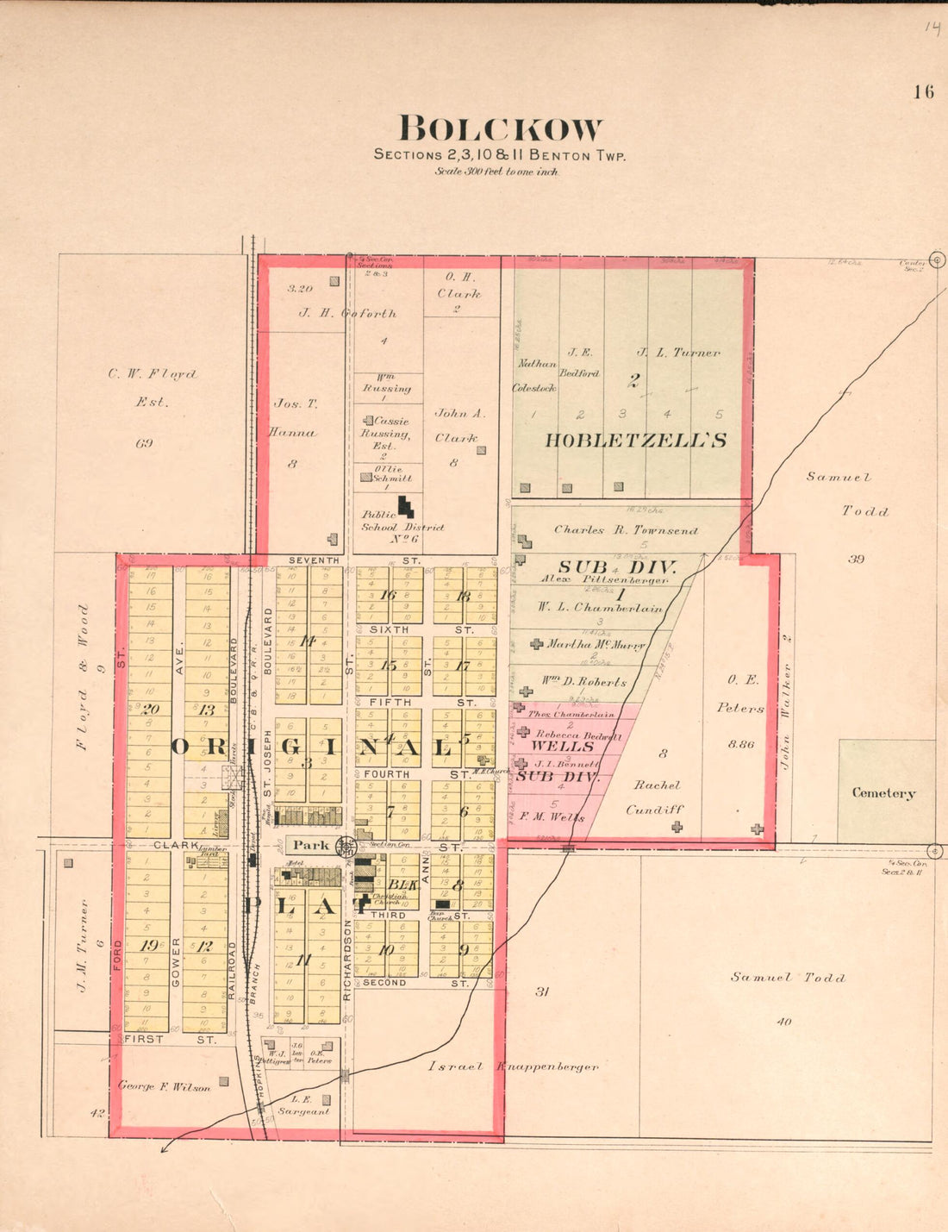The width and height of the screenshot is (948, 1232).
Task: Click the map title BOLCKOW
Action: [x=500, y=129]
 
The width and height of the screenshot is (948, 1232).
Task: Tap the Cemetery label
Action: [x=883, y=793]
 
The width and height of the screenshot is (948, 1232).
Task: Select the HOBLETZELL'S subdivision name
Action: [x=635, y=441]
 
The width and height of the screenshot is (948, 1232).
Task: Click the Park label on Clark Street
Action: [x=310, y=845]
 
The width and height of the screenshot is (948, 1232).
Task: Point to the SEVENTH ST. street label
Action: [x=353, y=560]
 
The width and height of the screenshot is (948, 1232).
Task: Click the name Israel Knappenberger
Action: [x=513, y=1066]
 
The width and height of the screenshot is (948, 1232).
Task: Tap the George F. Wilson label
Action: [x=164, y=1087]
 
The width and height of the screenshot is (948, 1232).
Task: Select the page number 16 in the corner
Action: [x=923, y=92]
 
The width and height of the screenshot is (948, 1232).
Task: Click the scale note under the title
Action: [x=496, y=172]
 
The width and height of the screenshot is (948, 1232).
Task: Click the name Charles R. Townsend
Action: [x=626, y=530]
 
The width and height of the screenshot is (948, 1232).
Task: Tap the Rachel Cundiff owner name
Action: [x=656, y=797]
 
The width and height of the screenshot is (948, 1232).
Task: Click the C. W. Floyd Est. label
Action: [x=152, y=388]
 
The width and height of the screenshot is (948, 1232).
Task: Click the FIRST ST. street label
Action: [x=170, y=1040]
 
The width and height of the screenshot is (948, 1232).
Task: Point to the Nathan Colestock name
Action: [x=533, y=376]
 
